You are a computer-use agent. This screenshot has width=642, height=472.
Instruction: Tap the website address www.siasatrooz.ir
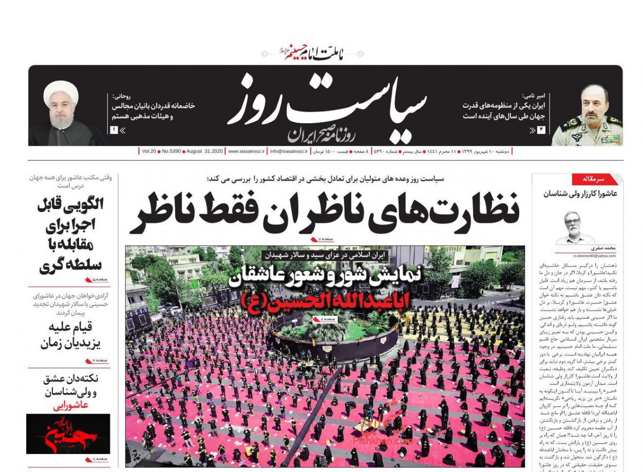(247, 152)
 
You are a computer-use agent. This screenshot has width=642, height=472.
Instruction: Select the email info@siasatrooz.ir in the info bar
(289, 152)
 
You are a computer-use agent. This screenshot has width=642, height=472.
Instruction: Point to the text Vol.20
(149, 152)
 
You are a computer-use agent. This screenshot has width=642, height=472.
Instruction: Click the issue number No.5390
(171, 152)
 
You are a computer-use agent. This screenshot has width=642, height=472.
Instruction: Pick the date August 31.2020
(204, 152)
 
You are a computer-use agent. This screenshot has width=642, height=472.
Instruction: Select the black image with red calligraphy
(68, 433)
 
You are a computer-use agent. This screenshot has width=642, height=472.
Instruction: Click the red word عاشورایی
(71, 405)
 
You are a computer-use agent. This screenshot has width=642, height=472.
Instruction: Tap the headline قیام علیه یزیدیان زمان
(70, 335)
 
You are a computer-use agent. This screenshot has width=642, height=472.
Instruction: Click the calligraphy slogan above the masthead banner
(313, 53)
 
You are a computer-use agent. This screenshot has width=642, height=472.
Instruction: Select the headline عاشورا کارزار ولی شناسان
(580, 194)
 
